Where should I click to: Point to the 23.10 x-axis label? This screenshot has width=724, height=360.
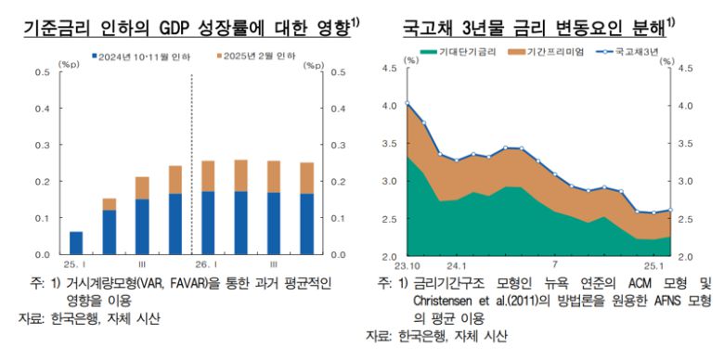point(405,264)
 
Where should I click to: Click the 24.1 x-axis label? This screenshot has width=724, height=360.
point(455,264)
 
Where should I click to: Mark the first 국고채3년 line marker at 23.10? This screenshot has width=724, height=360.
point(407,103)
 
